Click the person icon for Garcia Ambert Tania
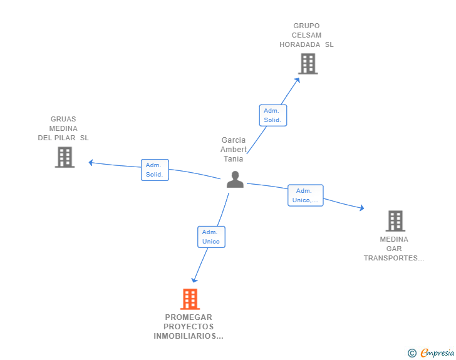(235, 180)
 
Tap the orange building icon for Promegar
(190, 299)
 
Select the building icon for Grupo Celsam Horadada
(308, 64)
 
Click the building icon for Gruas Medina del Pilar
(65, 157)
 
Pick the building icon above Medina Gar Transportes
(395, 221)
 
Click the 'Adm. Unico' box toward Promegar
(211, 237)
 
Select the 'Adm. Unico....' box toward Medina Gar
(305, 196)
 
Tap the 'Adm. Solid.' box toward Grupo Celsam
(272, 115)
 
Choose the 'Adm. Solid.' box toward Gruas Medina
(154, 170)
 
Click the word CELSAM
(306, 35)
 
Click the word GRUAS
(63, 119)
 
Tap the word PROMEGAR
(189, 317)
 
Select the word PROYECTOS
(189, 327)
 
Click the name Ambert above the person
(234, 150)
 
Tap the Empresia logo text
(438, 353)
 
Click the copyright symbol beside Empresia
(412, 353)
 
